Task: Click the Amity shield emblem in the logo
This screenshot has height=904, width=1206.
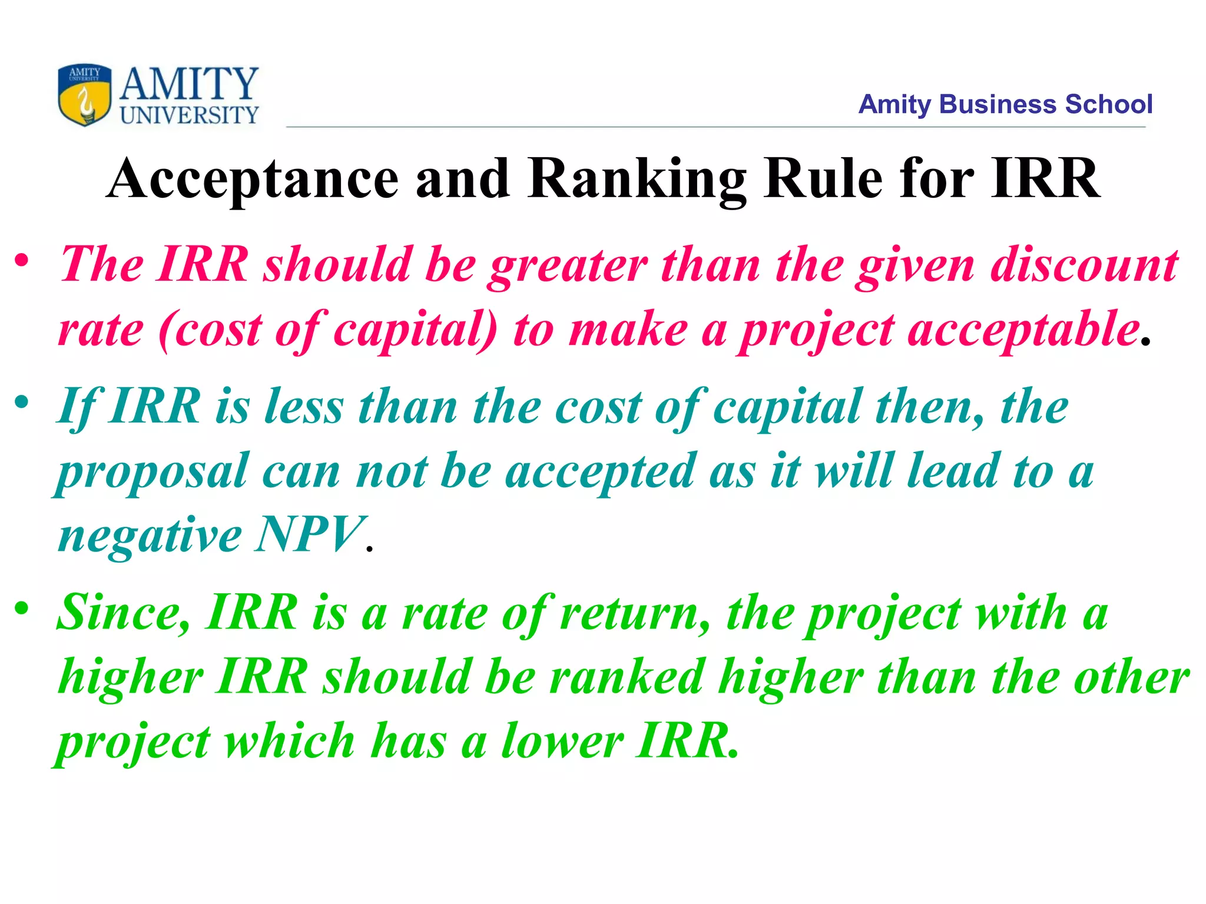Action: [84, 95]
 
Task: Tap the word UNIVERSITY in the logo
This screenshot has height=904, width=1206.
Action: [189, 115]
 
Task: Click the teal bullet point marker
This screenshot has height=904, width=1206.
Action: [22, 403]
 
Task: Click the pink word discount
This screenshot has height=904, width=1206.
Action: [1084, 265]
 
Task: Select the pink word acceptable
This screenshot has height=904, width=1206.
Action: [1023, 330]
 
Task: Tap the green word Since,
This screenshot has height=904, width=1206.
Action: [124, 613]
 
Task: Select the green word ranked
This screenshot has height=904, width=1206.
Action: [627, 677]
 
